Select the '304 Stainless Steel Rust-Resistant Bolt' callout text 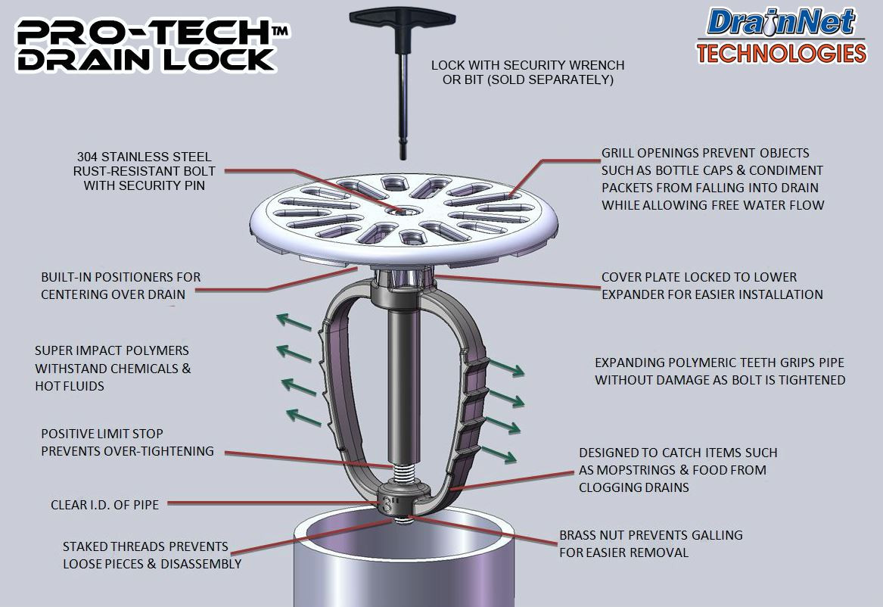tap(144, 171)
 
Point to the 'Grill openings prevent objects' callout tap(712, 179)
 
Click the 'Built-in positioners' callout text tap(121, 285)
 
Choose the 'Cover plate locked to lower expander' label tap(712, 285)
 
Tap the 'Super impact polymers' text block tap(113, 369)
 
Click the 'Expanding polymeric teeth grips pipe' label tap(720, 371)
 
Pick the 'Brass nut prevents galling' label tap(651, 543)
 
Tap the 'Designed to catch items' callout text tap(678, 470)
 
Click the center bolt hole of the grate tap(398, 210)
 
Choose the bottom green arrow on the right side tap(499, 454)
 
